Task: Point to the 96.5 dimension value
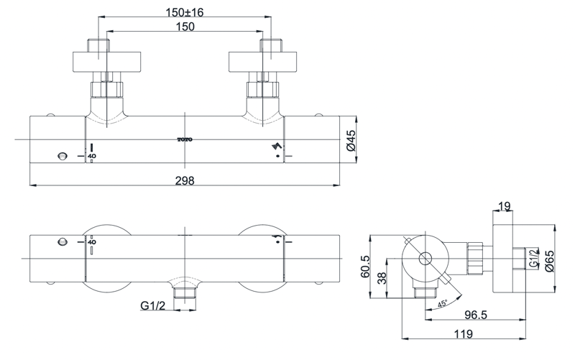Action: (x=473, y=315)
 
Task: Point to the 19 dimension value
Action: (x=503, y=207)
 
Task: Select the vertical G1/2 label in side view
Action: (x=533, y=257)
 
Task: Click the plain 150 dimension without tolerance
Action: (x=185, y=26)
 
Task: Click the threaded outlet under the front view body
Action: (x=186, y=292)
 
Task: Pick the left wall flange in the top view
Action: (x=106, y=60)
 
